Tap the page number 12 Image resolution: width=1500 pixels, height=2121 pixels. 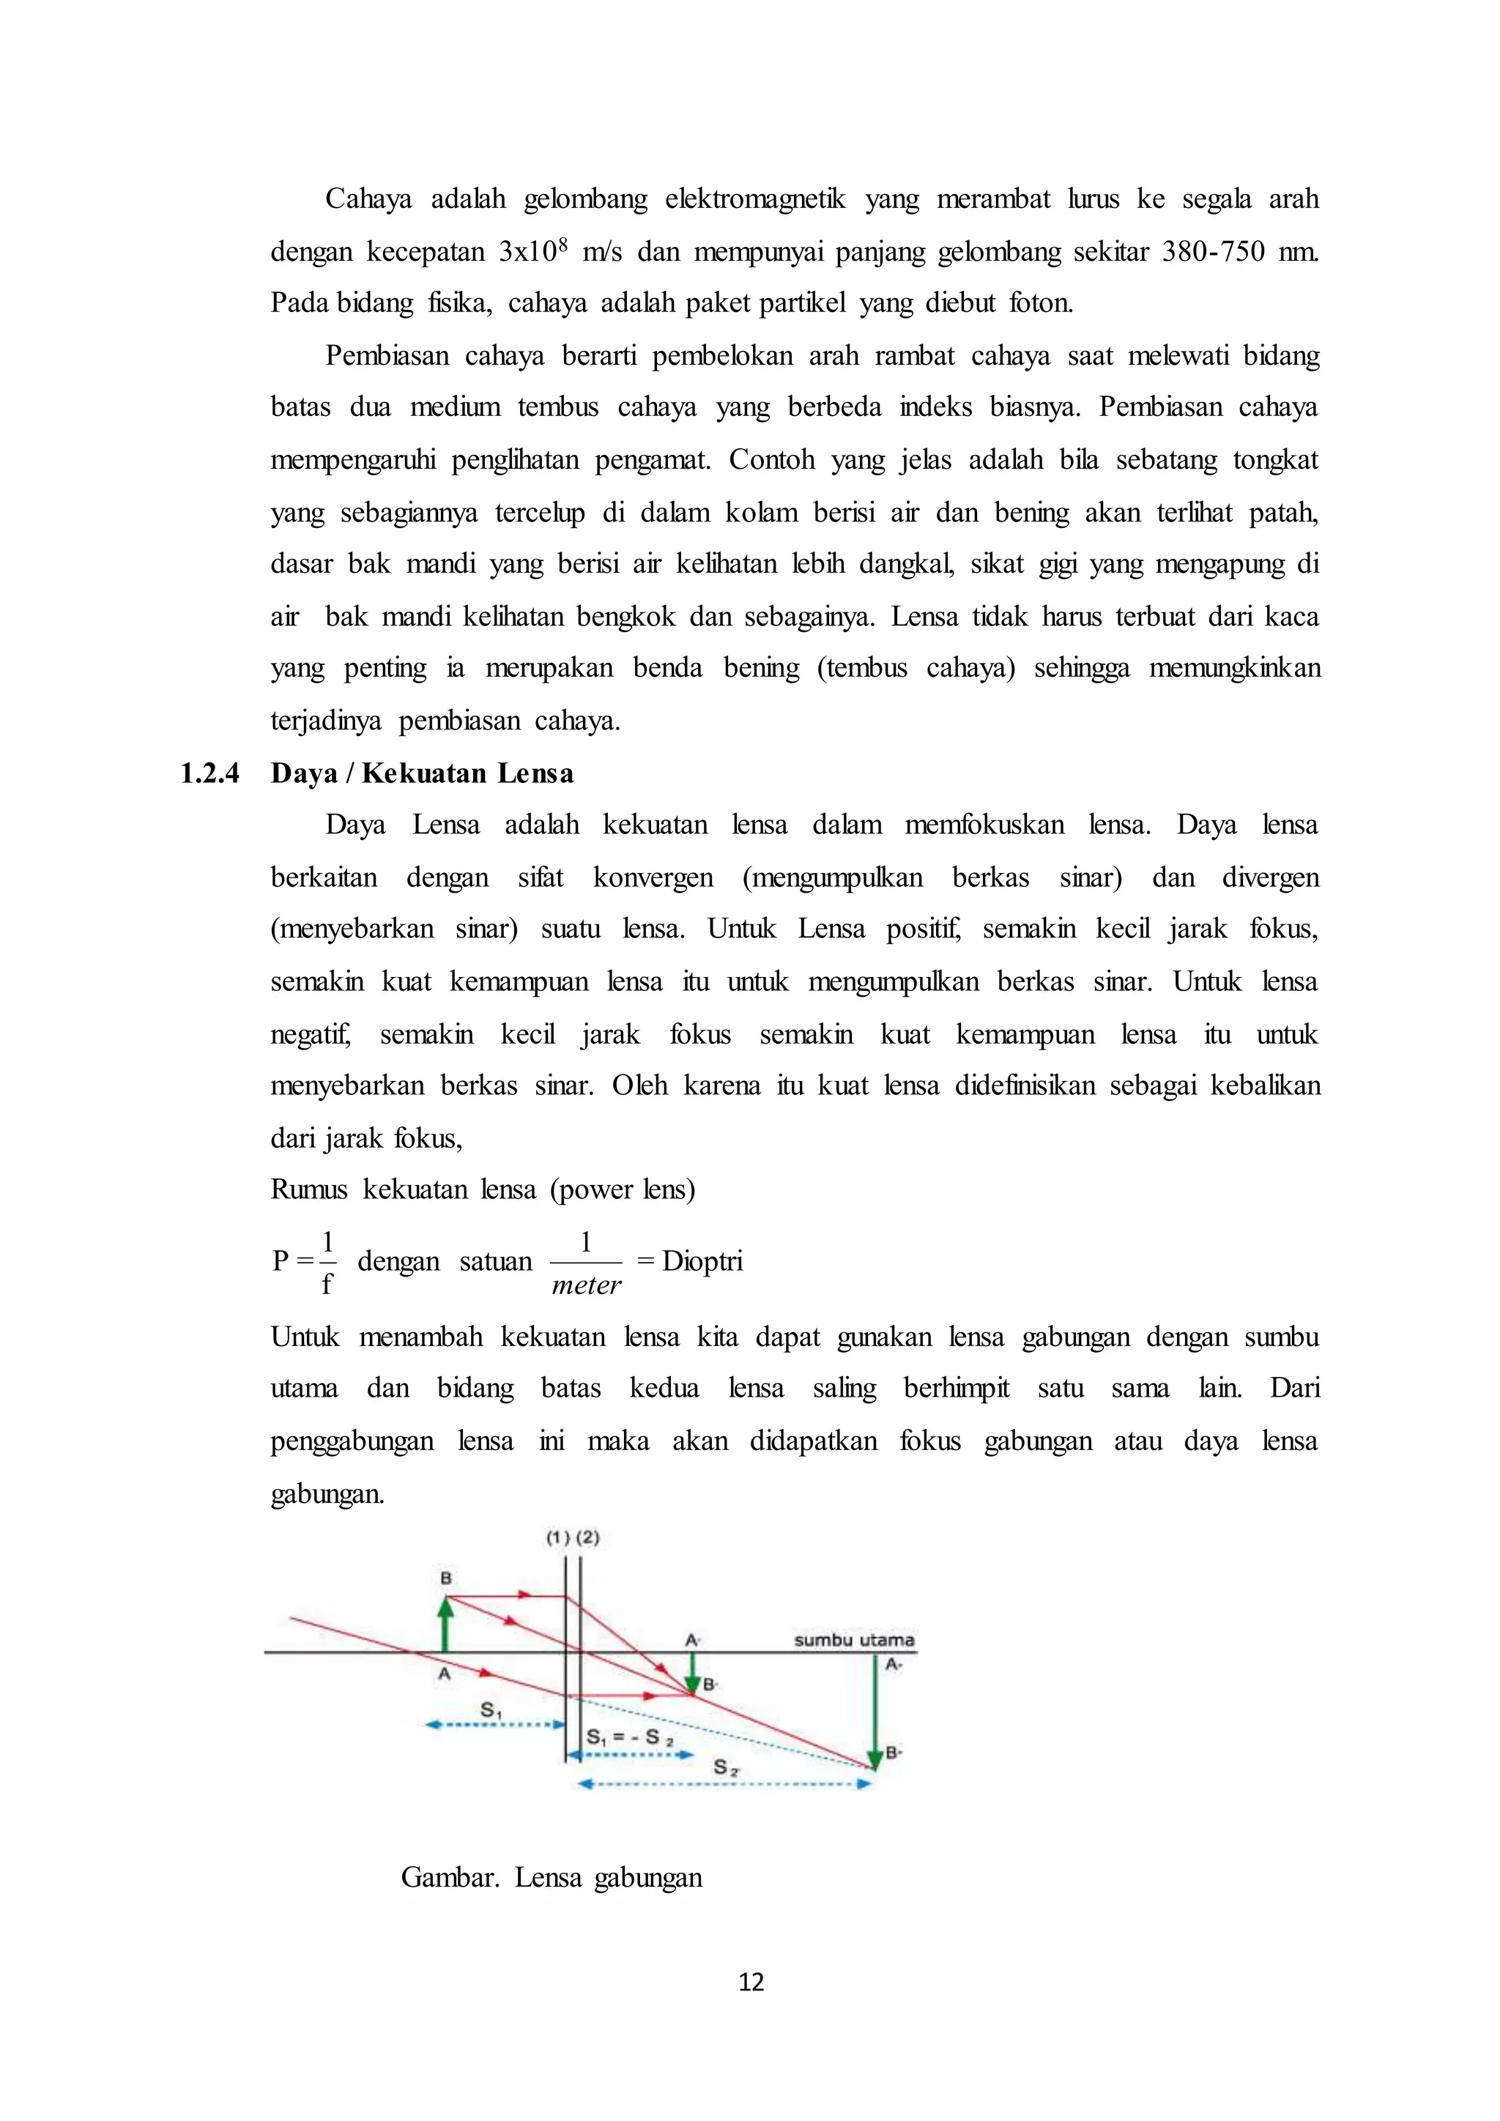(751, 1982)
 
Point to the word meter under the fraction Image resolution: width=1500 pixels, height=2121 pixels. (586, 1285)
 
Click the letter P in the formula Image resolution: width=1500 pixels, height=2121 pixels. (281, 1261)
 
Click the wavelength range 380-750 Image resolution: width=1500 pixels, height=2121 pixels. (1213, 251)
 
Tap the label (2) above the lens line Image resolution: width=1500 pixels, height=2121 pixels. (588, 1538)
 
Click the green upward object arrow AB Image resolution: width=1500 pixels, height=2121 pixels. (445, 1624)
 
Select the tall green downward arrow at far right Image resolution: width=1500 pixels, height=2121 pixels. (873, 1709)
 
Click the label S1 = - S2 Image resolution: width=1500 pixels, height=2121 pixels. (630, 1736)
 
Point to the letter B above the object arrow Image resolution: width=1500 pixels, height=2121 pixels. (445, 1578)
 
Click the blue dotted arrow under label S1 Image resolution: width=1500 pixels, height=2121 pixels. (495, 1724)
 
